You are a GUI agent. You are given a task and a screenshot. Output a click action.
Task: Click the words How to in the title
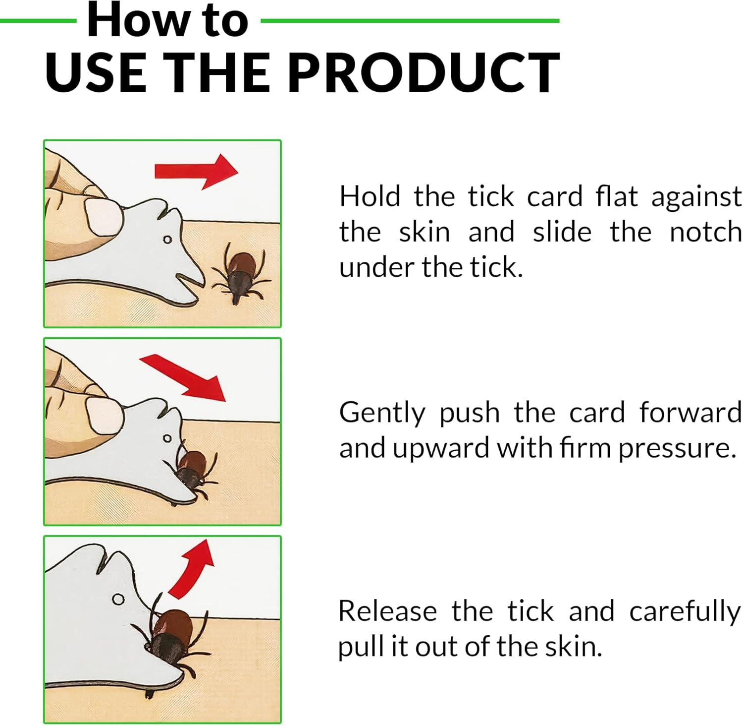pos(167,21)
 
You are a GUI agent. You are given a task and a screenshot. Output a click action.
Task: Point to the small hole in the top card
pos(167,240)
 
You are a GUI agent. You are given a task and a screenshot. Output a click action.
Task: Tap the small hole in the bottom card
pos(118,599)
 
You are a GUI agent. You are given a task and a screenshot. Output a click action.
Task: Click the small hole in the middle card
pos(167,438)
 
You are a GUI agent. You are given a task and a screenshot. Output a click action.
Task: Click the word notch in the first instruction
pos(705,232)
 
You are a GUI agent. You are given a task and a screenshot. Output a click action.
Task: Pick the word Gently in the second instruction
pos(382,413)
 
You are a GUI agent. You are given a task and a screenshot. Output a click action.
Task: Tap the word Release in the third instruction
pos(387,611)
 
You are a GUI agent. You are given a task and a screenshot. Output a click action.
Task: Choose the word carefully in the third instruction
pos(685,611)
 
